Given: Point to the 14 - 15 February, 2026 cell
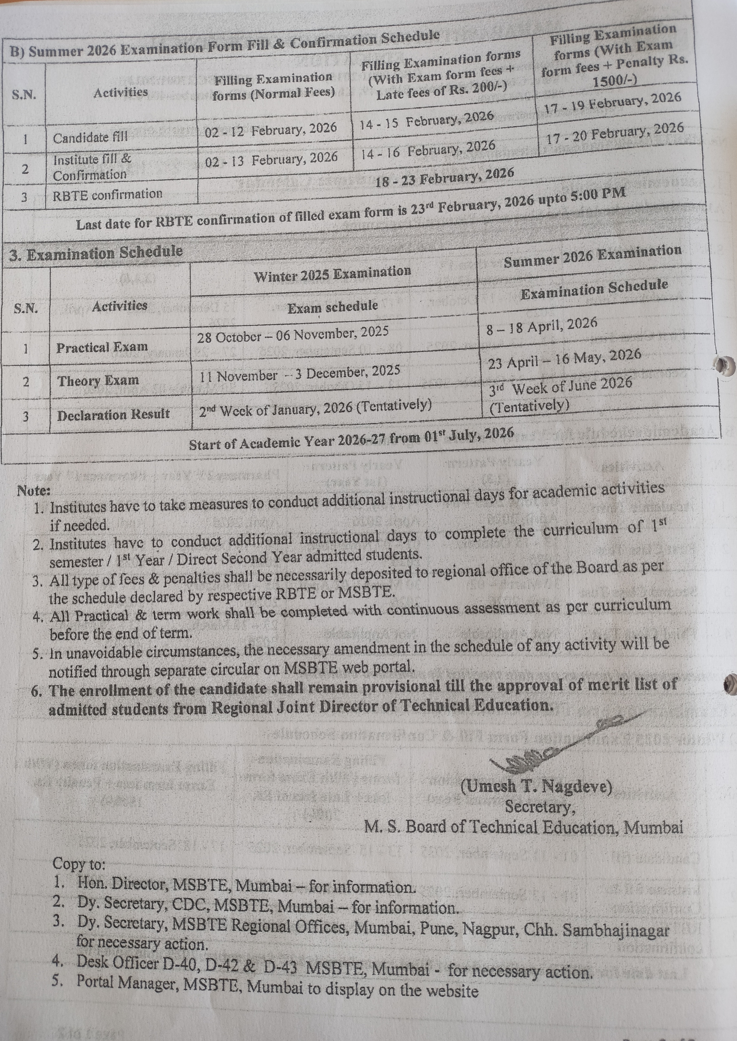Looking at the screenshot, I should coord(426,119).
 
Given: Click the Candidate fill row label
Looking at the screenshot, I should coord(90,137).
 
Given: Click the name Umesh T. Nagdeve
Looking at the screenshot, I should coord(536,785).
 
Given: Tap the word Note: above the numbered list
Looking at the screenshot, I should coord(34,491).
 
